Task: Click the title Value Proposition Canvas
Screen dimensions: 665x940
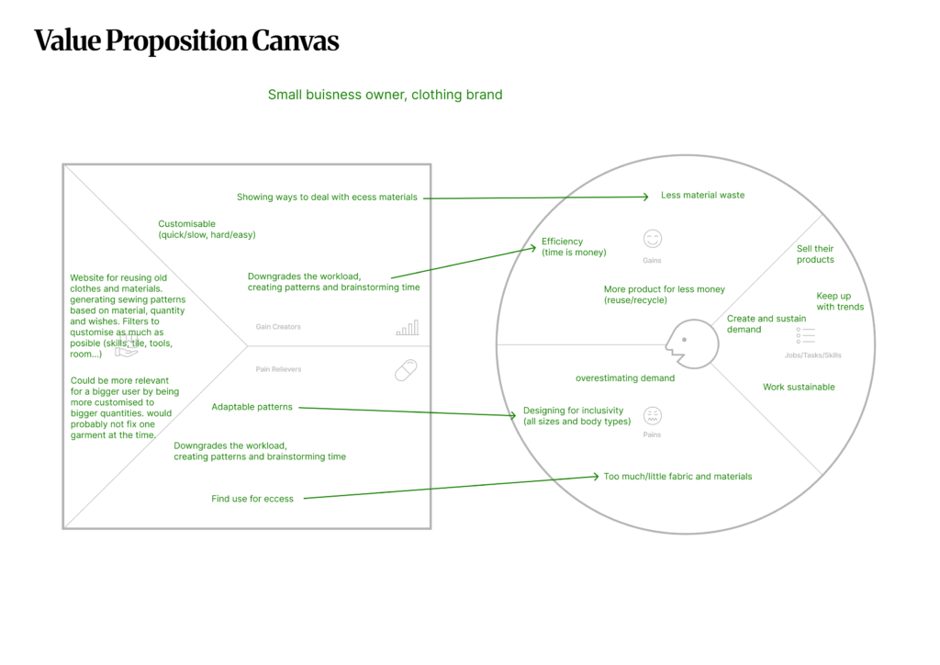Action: point(186,41)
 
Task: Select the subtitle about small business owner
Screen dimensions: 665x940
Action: point(385,95)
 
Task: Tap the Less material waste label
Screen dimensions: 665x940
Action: point(702,196)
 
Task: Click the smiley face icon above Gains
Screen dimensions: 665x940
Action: point(652,239)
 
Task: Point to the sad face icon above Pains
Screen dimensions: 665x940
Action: point(652,415)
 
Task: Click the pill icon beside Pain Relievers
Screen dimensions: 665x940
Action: point(405,369)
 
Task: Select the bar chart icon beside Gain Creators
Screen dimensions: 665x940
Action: point(407,327)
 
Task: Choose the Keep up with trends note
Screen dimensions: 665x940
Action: point(840,301)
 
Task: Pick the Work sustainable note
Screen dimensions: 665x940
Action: point(799,388)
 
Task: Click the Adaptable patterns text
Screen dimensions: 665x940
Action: point(252,407)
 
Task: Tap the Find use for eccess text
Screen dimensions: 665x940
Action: point(252,499)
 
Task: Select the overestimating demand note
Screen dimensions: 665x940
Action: point(625,378)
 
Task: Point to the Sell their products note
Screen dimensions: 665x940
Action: point(815,254)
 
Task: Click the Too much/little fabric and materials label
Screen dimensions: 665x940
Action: point(677,477)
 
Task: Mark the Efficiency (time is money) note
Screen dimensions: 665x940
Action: point(574,247)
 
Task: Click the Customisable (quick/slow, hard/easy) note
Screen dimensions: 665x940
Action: point(207,230)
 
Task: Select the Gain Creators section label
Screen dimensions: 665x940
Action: point(278,327)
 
